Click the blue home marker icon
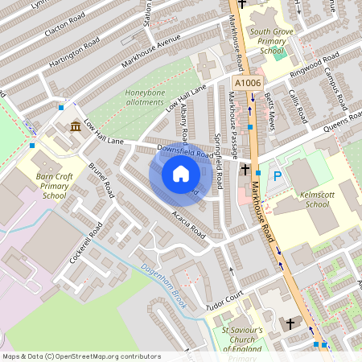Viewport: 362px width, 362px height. [181, 174]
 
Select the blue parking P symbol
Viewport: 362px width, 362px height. [278, 175]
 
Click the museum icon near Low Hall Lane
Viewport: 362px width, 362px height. [75, 127]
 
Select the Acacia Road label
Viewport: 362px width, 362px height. [189, 224]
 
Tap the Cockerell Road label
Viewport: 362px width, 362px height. [86, 239]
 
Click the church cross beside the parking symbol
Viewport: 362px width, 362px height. [246, 170]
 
